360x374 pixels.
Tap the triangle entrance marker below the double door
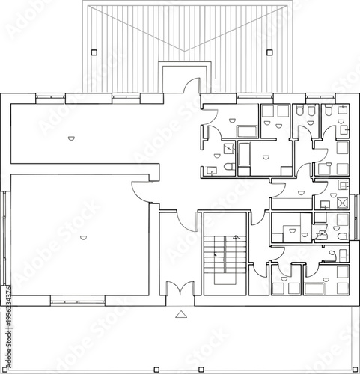(x=180, y=316)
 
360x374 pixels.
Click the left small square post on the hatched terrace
(x=93, y=52)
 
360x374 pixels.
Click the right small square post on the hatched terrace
(x=269, y=52)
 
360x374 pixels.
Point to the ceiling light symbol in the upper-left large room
(x=70, y=137)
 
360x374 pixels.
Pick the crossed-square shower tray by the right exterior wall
(x=343, y=202)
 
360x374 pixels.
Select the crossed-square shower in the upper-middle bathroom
(x=228, y=148)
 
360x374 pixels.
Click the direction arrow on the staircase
(x=235, y=238)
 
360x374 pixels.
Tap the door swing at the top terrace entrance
(x=192, y=87)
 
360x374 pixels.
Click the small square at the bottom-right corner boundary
(x=349, y=370)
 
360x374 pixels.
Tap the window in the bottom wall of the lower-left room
(x=75, y=300)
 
